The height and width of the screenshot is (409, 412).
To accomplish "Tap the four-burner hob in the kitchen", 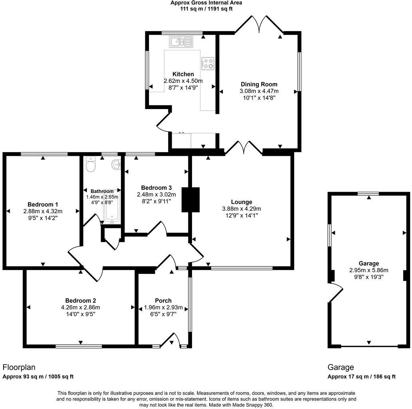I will coord(208,63).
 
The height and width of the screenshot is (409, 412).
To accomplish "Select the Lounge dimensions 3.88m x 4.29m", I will coord(242,208).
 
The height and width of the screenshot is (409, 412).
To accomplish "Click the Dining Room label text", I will coord(259,84).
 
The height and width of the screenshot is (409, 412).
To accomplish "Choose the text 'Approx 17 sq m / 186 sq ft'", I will coord(361,377).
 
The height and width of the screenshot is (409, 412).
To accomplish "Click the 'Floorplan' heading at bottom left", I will coord(19,367).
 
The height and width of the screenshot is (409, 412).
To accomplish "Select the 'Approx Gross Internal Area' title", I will coord(206,2).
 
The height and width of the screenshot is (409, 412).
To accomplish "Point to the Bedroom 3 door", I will coord(158,230).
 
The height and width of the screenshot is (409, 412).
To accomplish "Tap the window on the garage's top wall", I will coord(368,194).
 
